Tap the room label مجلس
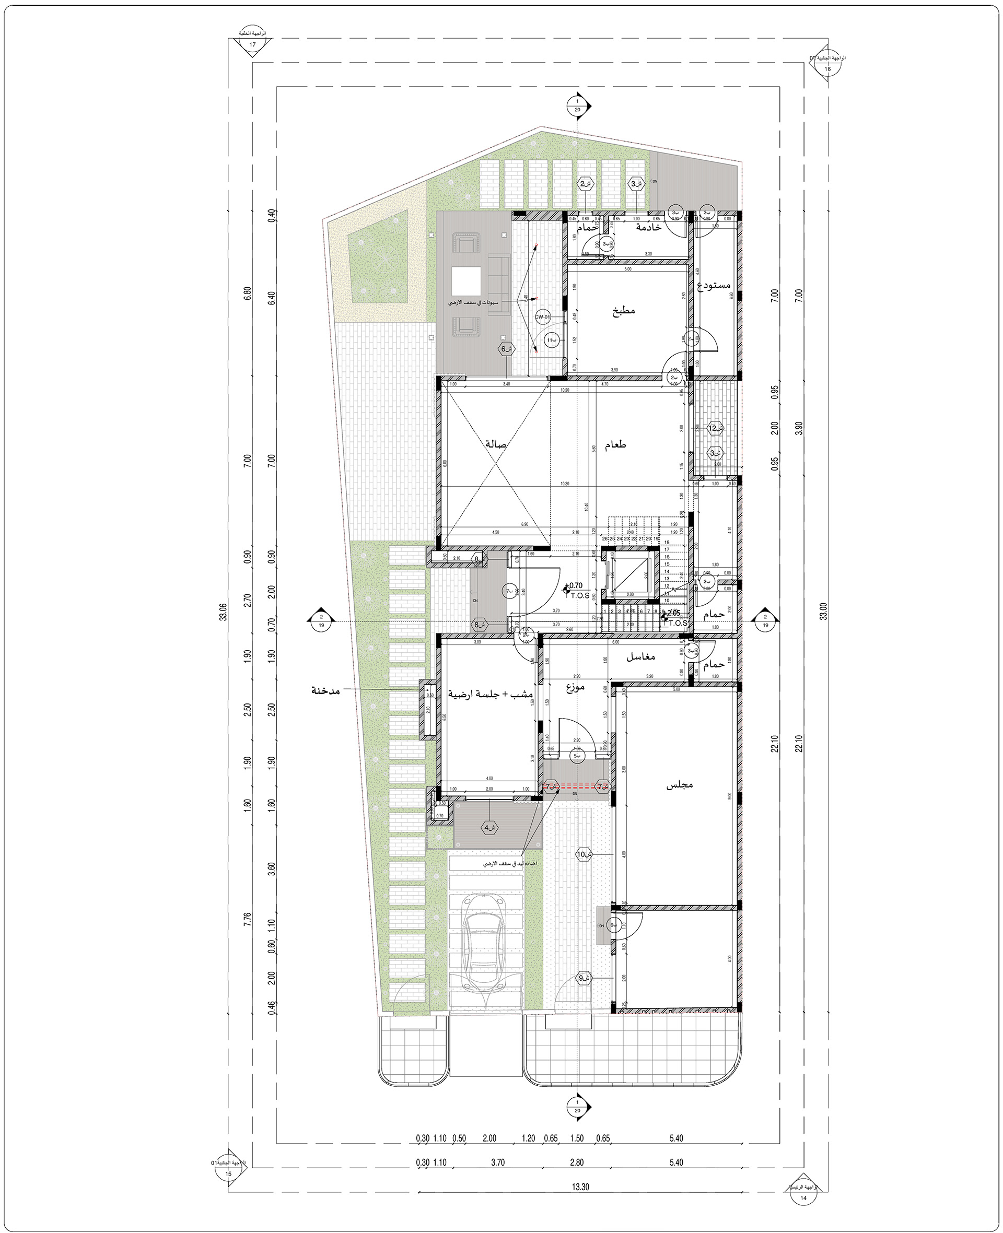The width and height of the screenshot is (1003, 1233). pos(680,785)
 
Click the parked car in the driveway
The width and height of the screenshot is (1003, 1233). pos(485,954)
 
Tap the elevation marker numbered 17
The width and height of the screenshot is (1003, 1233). pos(252,44)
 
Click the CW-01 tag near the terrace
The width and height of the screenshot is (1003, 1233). pos(541,317)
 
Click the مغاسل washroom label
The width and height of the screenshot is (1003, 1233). pos(640,657)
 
